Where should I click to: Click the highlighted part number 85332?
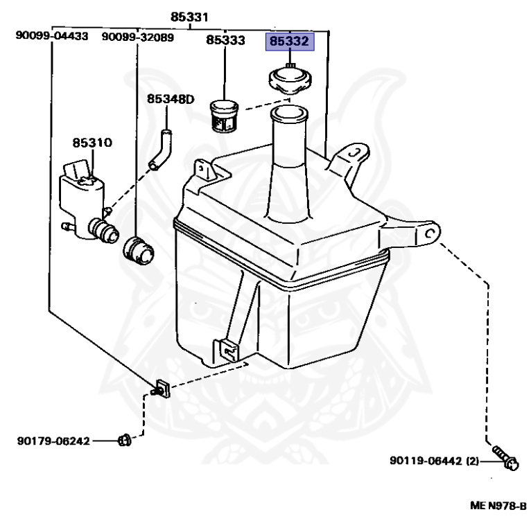pos(290,42)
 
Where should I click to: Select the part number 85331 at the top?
pos(189,17)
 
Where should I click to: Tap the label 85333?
pos(225,40)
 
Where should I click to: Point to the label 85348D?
pos(171,99)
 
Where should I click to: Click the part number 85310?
pos(92,143)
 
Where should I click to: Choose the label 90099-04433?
pos(52,35)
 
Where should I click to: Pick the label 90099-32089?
pos(138,37)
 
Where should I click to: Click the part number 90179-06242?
pos(53,441)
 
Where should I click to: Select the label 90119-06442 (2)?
pos(434,461)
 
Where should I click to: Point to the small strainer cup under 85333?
pos(224,116)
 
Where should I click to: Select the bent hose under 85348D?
pos(161,150)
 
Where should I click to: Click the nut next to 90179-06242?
pos(125,441)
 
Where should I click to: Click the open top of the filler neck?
pos(289,114)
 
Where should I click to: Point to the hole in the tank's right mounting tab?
pos(430,233)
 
